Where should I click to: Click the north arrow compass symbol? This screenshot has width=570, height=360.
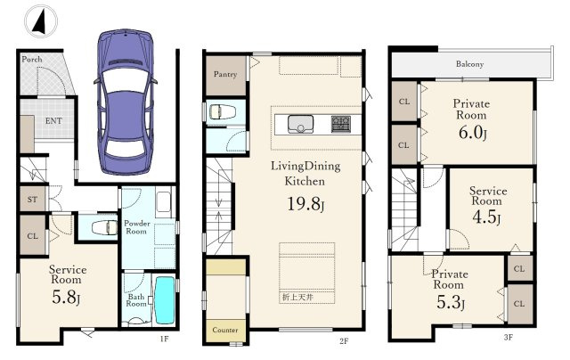(41, 21)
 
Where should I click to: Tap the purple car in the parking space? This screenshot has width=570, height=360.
(126, 102)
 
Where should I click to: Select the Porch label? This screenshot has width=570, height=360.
(32, 59)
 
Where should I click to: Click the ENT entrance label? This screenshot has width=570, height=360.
(53, 120)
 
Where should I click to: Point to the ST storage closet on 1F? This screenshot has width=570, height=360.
(33, 199)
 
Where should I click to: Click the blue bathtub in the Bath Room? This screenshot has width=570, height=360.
(165, 300)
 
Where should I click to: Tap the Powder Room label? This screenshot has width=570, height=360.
(136, 227)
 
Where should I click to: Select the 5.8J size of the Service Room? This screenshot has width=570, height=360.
(66, 298)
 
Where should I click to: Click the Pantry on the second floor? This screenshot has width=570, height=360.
(225, 75)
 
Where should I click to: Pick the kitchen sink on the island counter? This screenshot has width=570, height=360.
(300, 125)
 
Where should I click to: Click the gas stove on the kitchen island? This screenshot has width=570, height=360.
(341, 124)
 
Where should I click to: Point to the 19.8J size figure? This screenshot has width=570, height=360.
(305, 204)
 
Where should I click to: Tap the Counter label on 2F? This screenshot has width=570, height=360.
(225, 330)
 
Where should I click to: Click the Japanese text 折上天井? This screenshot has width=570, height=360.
(297, 297)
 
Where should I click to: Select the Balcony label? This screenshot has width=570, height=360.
(469, 64)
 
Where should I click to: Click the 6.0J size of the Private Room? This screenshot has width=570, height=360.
(472, 133)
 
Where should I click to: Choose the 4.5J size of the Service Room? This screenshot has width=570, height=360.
(486, 217)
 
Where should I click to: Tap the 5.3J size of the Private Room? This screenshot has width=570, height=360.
(451, 302)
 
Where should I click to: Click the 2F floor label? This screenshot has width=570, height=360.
(344, 341)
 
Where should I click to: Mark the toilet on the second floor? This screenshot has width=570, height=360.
(220, 111)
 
